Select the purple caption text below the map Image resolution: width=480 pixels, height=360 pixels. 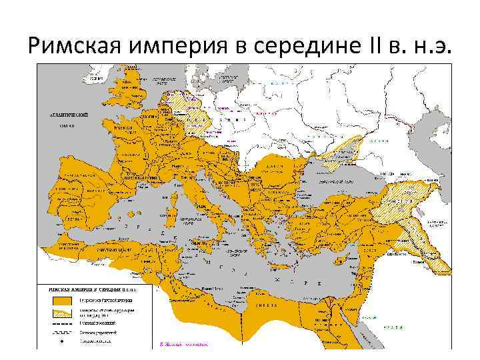(x=184, y=345)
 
